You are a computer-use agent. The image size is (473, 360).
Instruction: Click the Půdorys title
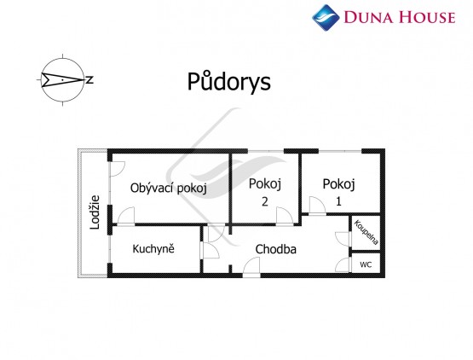pyautogui.click(x=229, y=82)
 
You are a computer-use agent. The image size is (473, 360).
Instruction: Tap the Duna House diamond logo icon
pyautogui.click(x=326, y=18)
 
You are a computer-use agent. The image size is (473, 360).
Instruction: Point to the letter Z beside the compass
pyautogui.click(x=89, y=80)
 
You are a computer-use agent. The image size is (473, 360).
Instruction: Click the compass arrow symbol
pyautogui.click(x=62, y=80)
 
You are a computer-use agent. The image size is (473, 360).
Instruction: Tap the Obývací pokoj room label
pyautogui.click(x=169, y=189)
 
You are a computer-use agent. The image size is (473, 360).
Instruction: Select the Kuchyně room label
pyautogui.click(x=153, y=249)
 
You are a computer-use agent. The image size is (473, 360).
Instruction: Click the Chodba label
pyautogui.click(x=276, y=249)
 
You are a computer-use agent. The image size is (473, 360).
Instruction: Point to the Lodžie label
pyautogui.click(x=95, y=212)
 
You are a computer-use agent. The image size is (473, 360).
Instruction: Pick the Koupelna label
pyautogui.click(x=366, y=232)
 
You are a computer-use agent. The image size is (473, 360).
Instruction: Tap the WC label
pyautogui.click(x=366, y=264)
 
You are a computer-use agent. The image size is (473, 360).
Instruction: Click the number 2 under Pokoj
pyautogui.click(x=264, y=201)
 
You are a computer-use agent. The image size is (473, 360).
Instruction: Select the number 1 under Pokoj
pyautogui.click(x=338, y=201)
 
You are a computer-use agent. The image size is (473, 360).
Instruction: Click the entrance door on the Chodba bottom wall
pyautogui.click(x=251, y=267)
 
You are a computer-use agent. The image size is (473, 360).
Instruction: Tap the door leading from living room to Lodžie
pyautogui.click(x=117, y=169)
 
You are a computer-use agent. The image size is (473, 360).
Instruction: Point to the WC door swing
pyautogui.click(x=343, y=265)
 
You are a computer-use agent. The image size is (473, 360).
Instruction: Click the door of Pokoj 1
pyautogui.click(x=317, y=206)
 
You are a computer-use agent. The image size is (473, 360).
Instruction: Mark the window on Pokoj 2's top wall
pyautogui.click(x=266, y=151)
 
